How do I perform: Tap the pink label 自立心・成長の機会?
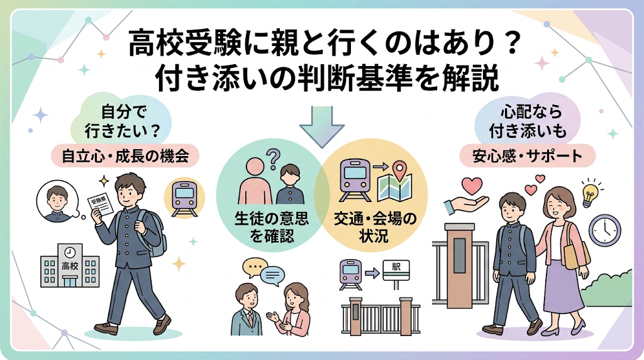click(125, 156)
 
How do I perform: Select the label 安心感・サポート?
click(528, 156)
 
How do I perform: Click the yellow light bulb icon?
click(590, 194)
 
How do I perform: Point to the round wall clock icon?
click(604, 230)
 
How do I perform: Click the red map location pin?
click(399, 169)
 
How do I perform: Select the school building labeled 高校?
click(70, 265)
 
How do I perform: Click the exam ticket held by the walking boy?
click(101, 205)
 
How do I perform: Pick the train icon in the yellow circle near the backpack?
click(184, 198)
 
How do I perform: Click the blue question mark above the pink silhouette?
click(273, 159)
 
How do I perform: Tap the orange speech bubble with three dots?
click(255, 267)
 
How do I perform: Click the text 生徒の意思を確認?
click(272, 227)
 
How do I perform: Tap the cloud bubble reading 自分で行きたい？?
click(122, 121)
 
